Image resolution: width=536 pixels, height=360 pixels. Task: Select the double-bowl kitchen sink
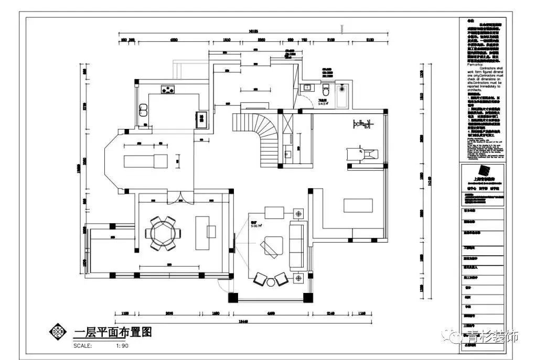pyautogui.click(x=143, y=110)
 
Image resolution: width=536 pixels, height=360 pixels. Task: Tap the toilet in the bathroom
pyautogui.click(x=326, y=87)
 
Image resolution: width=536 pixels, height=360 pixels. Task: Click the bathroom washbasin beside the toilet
pyautogui.click(x=308, y=87)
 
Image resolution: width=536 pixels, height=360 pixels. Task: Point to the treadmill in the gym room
pyautogui.click(x=361, y=154)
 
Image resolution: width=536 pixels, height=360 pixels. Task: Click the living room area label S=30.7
pyautogui.click(x=256, y=225)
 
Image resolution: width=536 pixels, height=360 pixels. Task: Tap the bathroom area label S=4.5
pyautogui.click(x=323, y=103)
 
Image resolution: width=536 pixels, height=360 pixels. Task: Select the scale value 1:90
pyautogui.click(x=122, y=346)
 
